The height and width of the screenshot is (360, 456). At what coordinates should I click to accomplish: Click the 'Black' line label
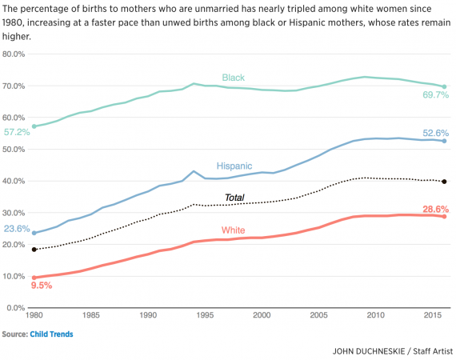pyautogui.click(x=233, y=78)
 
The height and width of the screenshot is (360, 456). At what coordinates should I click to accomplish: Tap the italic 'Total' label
pyautogui.click(x=234, y=197)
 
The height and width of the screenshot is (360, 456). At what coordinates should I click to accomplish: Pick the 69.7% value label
pyautogui.click(x=436, y=95)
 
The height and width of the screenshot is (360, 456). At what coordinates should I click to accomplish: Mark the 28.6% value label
pyautogui.click(x=436, y=209)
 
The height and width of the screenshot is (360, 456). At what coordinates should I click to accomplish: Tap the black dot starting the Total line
pyautogui.click(x=34, y=250)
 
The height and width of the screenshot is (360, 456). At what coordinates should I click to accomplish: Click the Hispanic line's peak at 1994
pyautogui.click(x=194, y=171)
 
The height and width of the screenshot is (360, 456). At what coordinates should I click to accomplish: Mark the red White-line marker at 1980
pyautogui.click(x=34, y=278)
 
